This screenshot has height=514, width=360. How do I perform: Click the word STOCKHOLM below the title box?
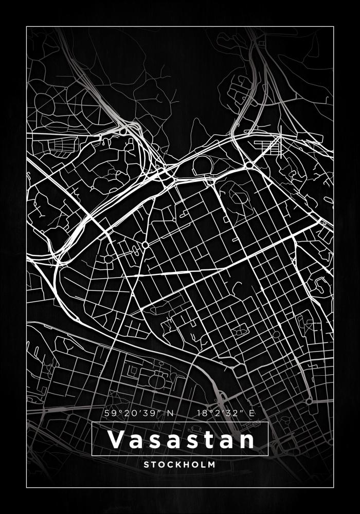tap(180, 464)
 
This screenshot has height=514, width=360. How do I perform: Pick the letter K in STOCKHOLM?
tap(176, 464)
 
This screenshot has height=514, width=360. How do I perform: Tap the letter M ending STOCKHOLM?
tap(211, 464)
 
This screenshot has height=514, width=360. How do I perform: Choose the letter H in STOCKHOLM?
tap(185, 464)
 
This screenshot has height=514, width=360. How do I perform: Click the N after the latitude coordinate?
tap(169, 413)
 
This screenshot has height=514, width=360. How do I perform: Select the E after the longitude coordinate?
tap(251, 413)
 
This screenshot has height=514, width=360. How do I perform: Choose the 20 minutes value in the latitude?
tap(130, 413)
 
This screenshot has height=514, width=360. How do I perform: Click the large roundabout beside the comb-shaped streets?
tap(249, 165)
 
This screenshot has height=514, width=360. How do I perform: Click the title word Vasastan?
tap(180, 440)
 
